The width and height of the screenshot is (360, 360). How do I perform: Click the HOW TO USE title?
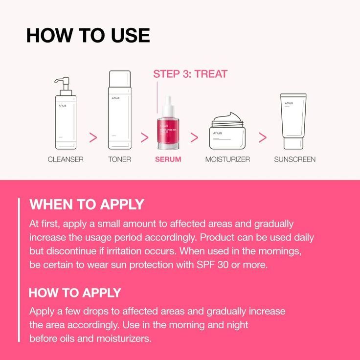(x=88, y=35)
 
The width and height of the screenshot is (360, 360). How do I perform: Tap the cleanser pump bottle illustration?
(x=66, y=120)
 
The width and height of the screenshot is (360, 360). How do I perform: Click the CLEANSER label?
(x=66, y=159)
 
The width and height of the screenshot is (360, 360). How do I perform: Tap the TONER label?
(x=119, y=159)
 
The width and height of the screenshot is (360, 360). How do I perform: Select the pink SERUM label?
(x=168, y=159)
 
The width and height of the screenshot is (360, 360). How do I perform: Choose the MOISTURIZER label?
(x=227, y=159)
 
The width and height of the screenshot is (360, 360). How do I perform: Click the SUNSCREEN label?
(x=294, y=159)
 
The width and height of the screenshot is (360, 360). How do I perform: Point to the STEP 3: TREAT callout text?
(x=190, y=74)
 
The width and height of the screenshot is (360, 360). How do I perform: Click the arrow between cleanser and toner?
(x=93, y=137)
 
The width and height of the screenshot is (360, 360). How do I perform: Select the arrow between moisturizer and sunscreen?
(x=263, y=137)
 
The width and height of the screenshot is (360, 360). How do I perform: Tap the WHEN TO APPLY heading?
(x=87, y=204)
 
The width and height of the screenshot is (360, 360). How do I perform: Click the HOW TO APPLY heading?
(x=75, y=293)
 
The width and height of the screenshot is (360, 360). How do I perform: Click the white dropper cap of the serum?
(x=169, y=104)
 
